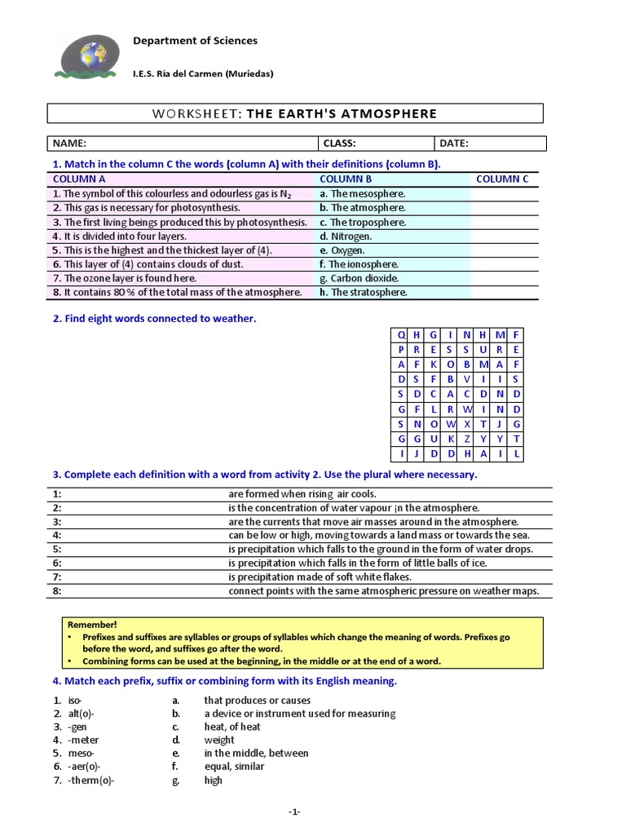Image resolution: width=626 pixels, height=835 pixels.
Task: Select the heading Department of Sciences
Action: click(x=195, y=41)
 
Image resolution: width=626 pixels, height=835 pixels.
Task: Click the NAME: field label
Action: click(x=69, y=144)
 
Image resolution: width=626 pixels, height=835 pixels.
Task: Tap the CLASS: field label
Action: click(x=340, y=144)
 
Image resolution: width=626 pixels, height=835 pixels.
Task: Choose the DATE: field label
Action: click(x=454, y=144)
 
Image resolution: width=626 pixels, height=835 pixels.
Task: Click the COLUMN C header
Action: click(x=502, y=179)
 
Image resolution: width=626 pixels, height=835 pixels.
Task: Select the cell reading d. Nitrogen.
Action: click(x=349, y=236)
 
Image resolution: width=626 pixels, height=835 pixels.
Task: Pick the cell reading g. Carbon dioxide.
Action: click(x=359, y=278)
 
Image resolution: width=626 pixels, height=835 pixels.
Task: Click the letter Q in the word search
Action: click(x=401, y=334)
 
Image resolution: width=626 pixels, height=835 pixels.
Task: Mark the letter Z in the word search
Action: click(x=466, y=439)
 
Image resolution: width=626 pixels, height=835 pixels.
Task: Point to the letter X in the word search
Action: click(x=466, y=424)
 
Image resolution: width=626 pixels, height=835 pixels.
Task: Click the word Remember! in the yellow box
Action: click(x=87, y=624)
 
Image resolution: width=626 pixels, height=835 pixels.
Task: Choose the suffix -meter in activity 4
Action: click(x=83, y=740)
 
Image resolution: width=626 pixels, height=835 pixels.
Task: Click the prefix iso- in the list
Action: click(x=75, y=700)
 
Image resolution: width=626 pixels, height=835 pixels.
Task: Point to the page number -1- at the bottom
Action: click(x=294, y=812)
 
